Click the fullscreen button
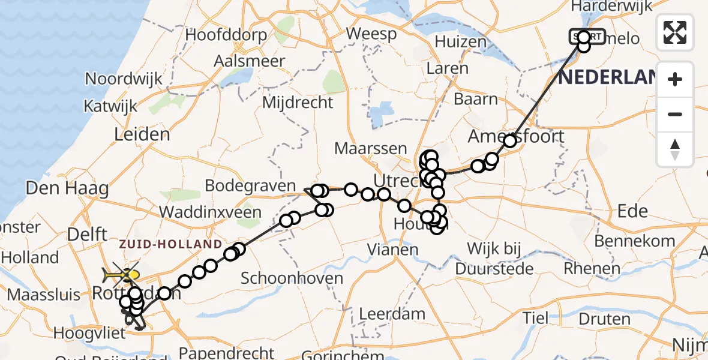pyautogui.click(x=675, y=32)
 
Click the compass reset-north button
pyautogui.click(x=675, y=149)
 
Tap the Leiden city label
pyautogui.click(x=142, y=133)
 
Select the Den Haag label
pyautogui.click(x=67, y=189)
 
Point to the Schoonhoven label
pyautogui.click(x=292, y=278)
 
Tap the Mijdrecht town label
pyautogui.click(x=298, y=102)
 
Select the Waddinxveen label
pyautogui.click(x=218, y=212)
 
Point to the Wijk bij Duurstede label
pyautogui.click(x=494, y=258)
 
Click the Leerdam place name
pyautogui.click(x=392, y=313)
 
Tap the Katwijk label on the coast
pyautogui.click(x=111, y=106)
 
